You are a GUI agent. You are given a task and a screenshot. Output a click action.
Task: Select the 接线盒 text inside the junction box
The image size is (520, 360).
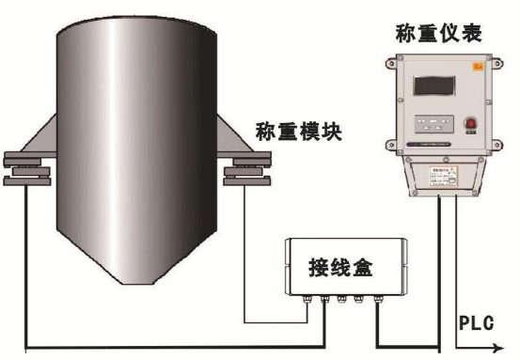click(x=340, y=268)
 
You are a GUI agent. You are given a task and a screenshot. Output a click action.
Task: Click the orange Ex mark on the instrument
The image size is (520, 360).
click(x=478, y=67)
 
